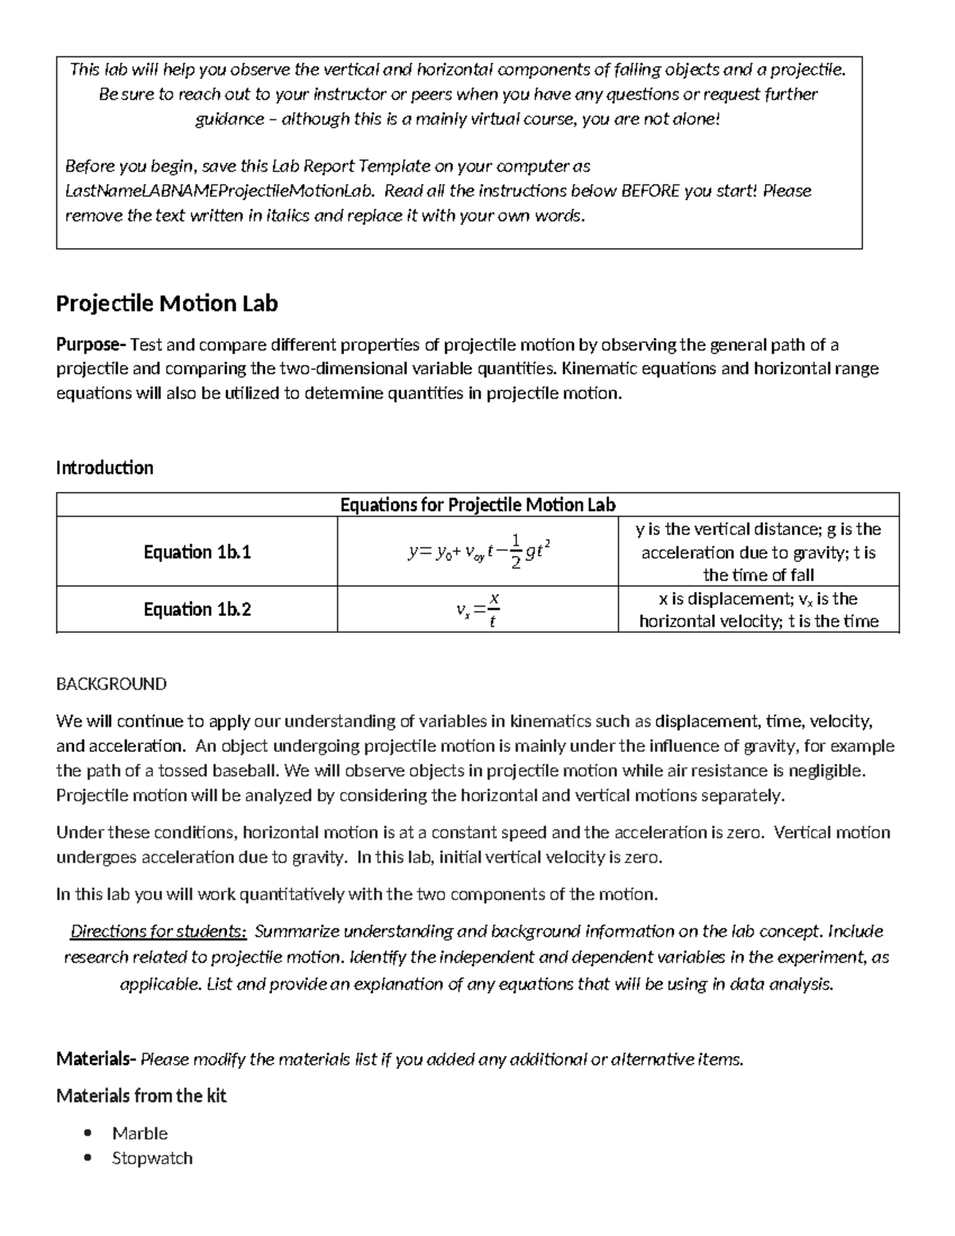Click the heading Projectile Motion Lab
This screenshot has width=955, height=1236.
pyautogui.click(x=166, y=303)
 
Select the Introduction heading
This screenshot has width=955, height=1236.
pyautogui.click(x=104, y=467)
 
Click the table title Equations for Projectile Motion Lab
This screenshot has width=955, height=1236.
pyautogui.click(x=477, y=505)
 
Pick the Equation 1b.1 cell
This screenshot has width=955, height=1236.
pyautogui.click(x=197, y=552)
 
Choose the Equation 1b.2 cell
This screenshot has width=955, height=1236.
pyautogui.click(x=197, y=609)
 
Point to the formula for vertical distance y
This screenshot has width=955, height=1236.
pyautogui.click(x=477, y=552)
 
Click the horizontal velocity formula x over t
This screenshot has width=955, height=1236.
pyautogui.click(x=477, y=610)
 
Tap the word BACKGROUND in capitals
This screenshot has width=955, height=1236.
pyautogui.click(x=111, y=684)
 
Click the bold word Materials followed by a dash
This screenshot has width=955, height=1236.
pyautogui.click(x=95, y=1059)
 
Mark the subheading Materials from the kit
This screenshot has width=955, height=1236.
pyautogui.click(x=141, y=1096)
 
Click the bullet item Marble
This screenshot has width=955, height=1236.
pyautogui.click(x=140, y=1133)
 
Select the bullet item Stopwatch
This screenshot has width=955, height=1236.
pyautogui.click(x=152, y=1158)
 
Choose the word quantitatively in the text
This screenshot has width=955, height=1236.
pyautogui.click(x=292, y=894)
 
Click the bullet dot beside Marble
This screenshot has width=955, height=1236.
pyautogui.click(x=88, y=1133)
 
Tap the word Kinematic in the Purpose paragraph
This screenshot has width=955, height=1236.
pyautogui.click(x=599, y=368)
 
